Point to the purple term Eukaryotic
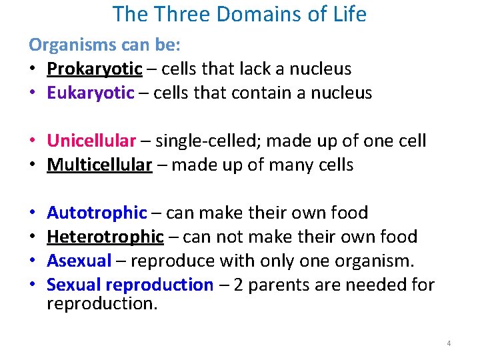coord(90,93)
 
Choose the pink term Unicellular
coord(91,141)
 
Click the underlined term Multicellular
coord(99,165)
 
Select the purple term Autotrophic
coord(97,213)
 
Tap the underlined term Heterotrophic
coord(105,237)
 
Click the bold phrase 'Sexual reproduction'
coord(130,285)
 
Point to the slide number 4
coord(449,343)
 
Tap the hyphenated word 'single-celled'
coord(209,141)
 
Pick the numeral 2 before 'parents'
coord(237,285)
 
